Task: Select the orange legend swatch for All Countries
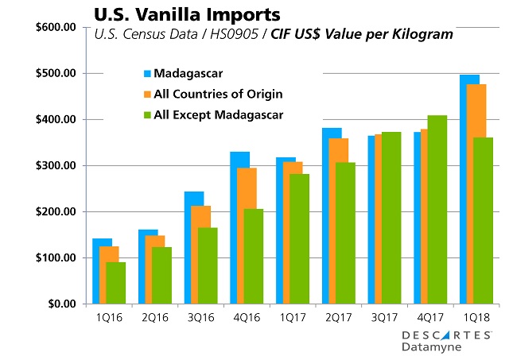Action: [x=147, y=95]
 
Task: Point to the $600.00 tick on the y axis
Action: [x=53, y=27]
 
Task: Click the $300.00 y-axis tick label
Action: [x=53, y=165]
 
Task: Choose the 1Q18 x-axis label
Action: [x=476, y=315]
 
